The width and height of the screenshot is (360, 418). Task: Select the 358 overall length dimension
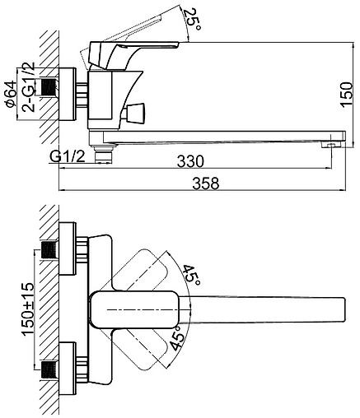205,183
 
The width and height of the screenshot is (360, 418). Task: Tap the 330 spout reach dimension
190,161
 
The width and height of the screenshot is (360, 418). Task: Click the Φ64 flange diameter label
11,94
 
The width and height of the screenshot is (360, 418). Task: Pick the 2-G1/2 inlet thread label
29,86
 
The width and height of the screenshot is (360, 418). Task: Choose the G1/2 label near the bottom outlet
68,156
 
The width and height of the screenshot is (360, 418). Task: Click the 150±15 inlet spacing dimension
28,309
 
